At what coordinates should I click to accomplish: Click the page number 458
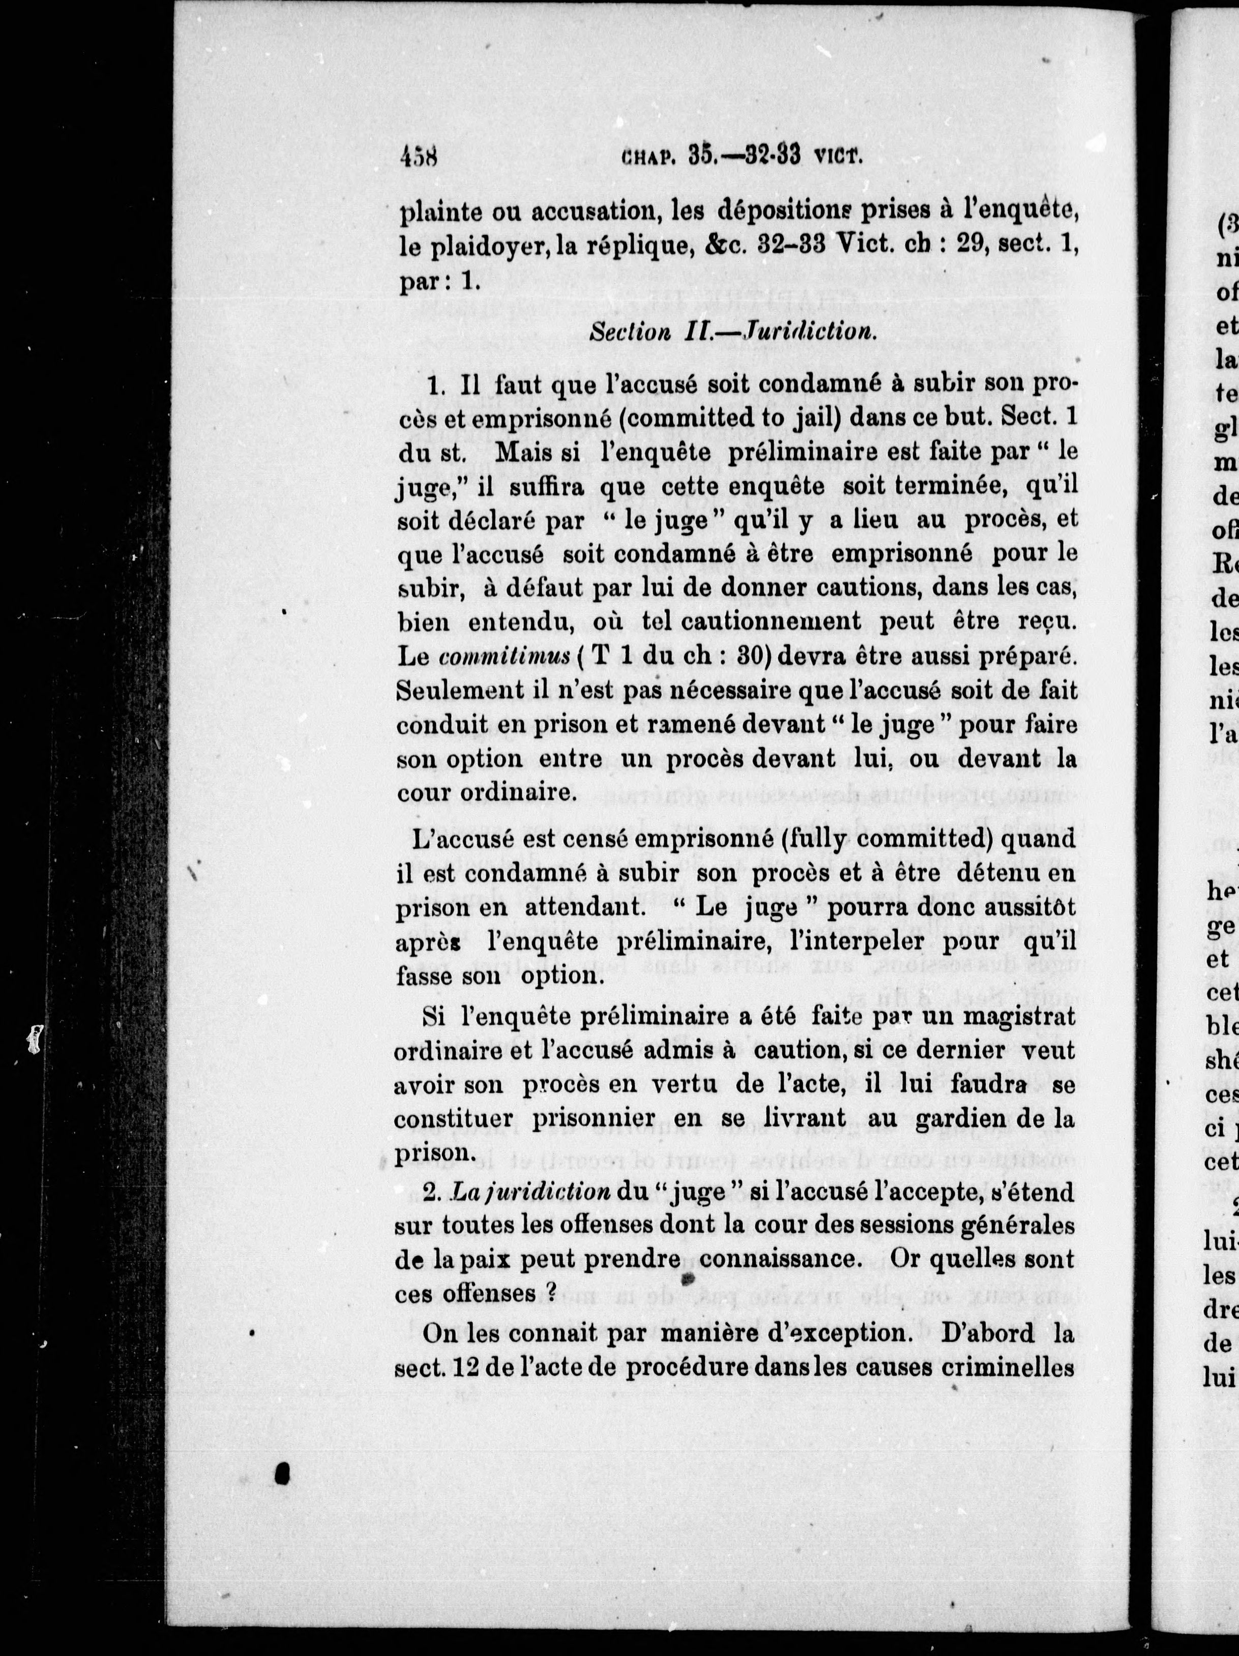pyautogui.click(x=419, y=158)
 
